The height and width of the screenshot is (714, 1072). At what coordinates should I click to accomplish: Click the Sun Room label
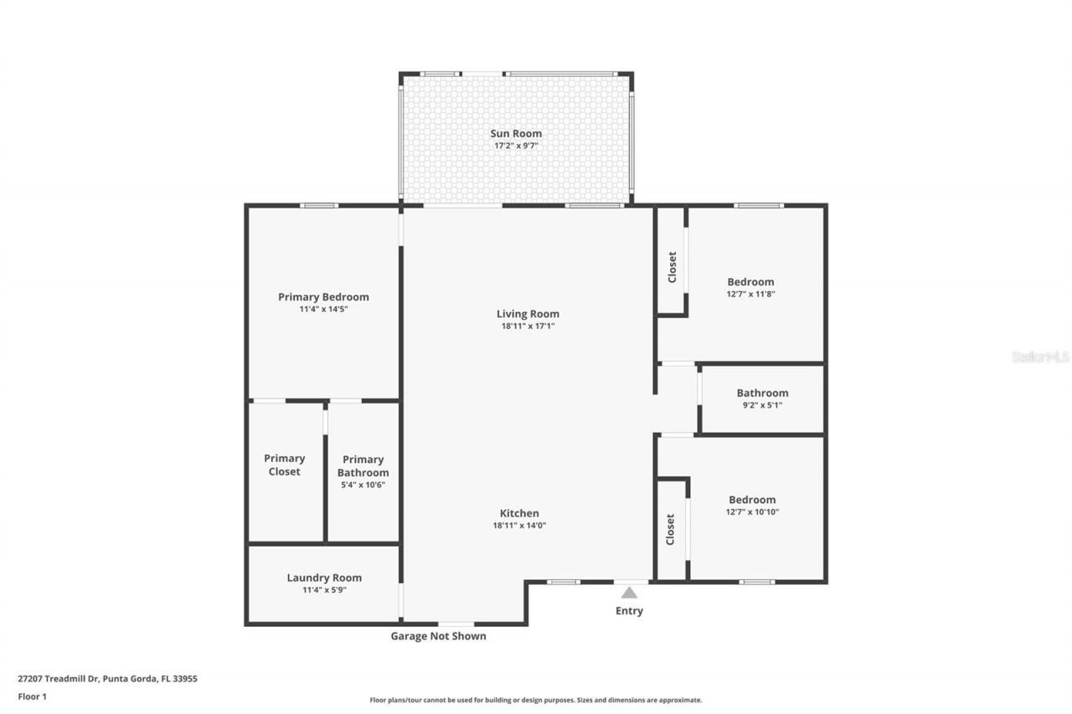click(515, 133)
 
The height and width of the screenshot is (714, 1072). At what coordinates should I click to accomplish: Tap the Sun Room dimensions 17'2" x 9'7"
click(515, 146)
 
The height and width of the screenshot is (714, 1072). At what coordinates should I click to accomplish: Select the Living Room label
click(528, 314)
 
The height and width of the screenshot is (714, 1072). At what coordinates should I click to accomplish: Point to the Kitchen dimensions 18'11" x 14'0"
click(519, 526)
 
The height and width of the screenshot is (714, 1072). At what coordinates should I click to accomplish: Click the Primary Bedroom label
click(323, 296)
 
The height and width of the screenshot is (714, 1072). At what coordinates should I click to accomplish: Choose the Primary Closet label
click(285, 465)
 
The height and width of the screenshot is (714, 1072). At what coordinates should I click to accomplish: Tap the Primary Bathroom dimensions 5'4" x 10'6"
click(363, 485)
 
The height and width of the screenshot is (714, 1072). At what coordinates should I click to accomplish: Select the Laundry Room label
click(324, 578)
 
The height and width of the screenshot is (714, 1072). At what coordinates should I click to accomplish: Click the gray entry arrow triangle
click(629, 593)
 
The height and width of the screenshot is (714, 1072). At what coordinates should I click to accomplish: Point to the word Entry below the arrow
click(629, 610)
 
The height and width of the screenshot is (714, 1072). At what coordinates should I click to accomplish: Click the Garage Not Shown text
click(438, 636)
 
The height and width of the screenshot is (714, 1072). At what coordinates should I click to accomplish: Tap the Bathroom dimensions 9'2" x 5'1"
click(762, 405)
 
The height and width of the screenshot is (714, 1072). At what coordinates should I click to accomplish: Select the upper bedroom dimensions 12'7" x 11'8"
click(750, 294)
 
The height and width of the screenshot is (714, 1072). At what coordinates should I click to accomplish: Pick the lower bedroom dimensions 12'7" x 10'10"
click(752, 511)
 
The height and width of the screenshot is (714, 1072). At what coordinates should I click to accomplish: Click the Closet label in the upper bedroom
click(672, 268)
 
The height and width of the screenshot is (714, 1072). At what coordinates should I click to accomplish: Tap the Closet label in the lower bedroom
click(671, 529)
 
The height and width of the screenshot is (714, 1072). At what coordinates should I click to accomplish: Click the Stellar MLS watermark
click(1040, 357)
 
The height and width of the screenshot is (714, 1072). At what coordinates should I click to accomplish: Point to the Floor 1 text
click(33, 696)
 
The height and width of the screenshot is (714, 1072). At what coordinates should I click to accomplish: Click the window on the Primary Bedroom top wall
click(319, 205)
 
